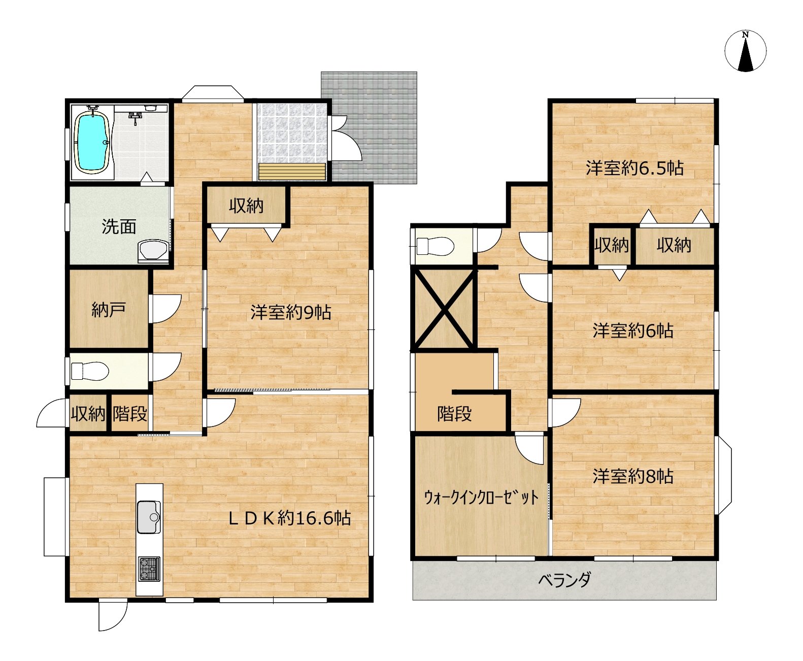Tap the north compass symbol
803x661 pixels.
[745, 51]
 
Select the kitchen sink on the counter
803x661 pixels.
[149, 517]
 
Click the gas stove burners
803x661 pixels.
[149, 569]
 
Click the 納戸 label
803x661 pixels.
[109, 310]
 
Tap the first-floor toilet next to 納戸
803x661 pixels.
[90, 371]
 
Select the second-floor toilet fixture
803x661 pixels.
[435, 246]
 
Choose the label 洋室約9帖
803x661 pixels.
[290, 312]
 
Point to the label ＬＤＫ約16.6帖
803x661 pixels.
[289, 518]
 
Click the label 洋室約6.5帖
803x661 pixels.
[634, 169]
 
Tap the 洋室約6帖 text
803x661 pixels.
[633, 330]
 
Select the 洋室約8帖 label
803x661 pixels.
[633, 476]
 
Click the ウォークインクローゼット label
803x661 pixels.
[481, 498]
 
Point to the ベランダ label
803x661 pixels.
[564, 580]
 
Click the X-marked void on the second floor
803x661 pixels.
[444, 309]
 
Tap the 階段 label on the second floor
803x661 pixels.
[454, 413]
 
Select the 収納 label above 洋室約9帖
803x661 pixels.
[246, 206]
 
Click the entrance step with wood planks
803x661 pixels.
[292, 172]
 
